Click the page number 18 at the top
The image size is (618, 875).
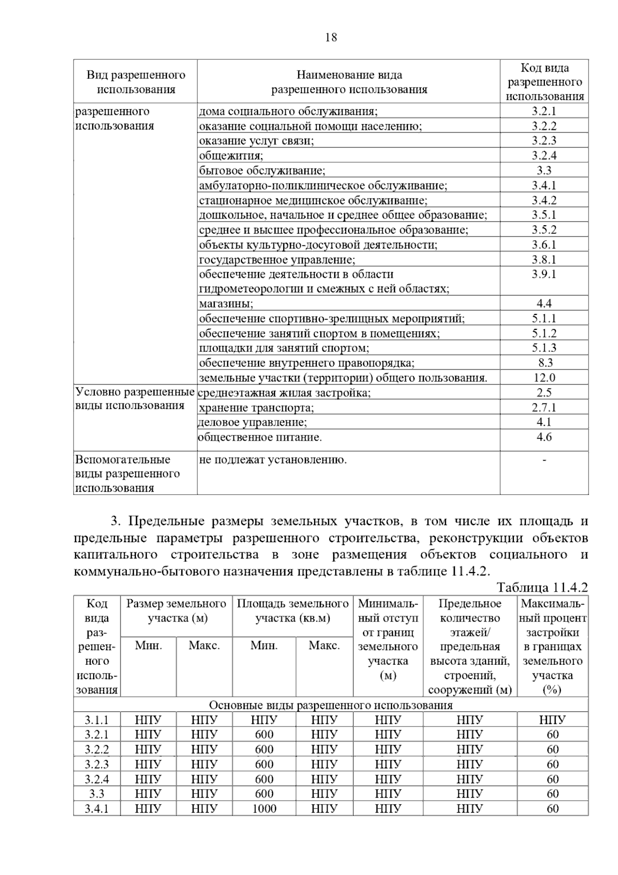tap(331, 37)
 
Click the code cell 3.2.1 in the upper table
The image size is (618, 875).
tap(544, 111)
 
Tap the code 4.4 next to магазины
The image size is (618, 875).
tap(544, 304)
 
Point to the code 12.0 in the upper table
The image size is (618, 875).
tap(544, 378)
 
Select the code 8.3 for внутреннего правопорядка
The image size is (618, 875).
tap(544, 363)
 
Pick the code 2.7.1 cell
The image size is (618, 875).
tap(544, 408)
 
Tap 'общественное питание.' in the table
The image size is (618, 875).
tap(260, 437)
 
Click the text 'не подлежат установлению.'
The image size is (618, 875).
tap(273, 460)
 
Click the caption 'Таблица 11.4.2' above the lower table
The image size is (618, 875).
tap(542, 587)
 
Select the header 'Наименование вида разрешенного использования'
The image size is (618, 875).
tap(349, 82)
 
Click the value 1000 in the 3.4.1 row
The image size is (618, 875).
tap(264, 809)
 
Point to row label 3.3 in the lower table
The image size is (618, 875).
tap(96, 794)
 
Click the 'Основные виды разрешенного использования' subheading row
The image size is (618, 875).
tap(331, 705)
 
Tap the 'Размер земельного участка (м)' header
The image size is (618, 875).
tap(177, 611)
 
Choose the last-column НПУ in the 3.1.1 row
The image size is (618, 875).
tap(552, 720)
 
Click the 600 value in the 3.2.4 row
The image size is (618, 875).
tap(264, 779)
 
